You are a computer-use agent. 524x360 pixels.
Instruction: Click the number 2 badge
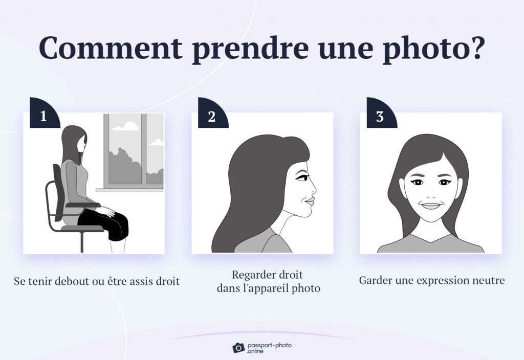click(x=211, y=116)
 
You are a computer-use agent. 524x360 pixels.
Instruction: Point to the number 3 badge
click(x=380, y=116)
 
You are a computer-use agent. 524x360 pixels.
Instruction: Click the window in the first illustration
click(x=134, y=150)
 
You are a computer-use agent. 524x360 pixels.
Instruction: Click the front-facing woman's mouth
click(x=430, y=206)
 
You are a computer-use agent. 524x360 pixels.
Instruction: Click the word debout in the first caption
click(x=74, y=281)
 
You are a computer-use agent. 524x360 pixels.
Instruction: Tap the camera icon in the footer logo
click(x=238, y=348)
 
